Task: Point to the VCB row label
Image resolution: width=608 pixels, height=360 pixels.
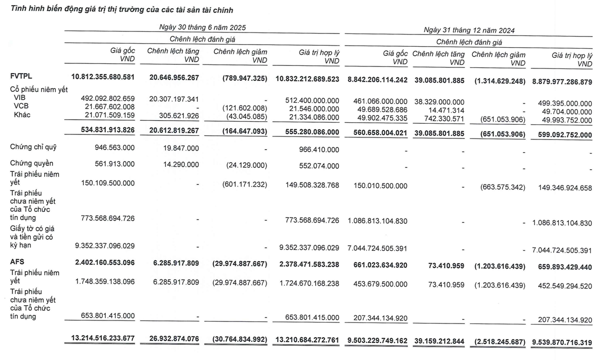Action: click(21, 108)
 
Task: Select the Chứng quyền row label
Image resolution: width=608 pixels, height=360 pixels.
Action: click(31, 163)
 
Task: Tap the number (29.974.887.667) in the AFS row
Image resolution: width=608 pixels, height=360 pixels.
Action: click(235, 263)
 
